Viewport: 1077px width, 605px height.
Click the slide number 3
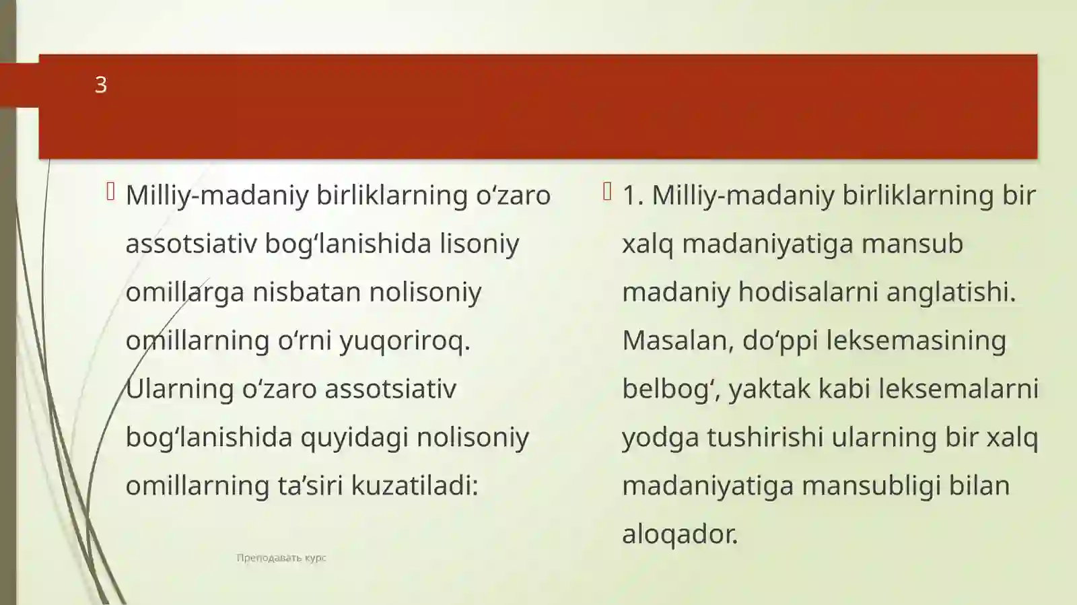tap(100, 85)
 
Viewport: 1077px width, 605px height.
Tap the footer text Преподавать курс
tap(281, 558)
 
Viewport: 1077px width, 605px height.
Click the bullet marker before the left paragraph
tap(111, 192)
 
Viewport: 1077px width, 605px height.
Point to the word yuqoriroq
tap(404, 341)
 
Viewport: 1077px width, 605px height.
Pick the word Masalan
tap(677, 341)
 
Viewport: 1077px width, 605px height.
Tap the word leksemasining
tap(915, 341)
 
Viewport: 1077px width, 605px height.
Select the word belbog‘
tap(669, 389)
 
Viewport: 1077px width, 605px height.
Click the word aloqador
tap(679, 534)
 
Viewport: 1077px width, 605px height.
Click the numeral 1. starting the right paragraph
tap(632, 195)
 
